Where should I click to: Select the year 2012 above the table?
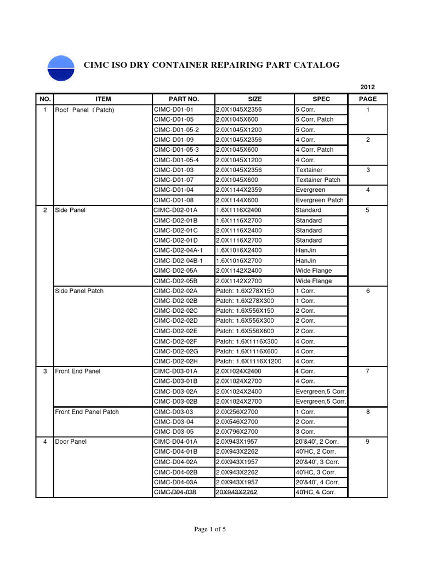coord(367,87)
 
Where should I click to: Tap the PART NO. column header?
coord(184,99)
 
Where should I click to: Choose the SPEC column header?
coord(321,99)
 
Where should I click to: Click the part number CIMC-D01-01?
coord(174,110)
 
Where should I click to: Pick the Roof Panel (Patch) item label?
coord(84,110)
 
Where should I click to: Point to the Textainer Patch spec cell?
coord(318,180)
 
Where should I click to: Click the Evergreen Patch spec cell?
coord(319,200)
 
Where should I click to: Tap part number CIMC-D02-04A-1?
coord(178,250)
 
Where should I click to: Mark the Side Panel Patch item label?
coord(79,291)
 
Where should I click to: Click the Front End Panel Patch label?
coord(87,411)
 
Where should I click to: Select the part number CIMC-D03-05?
coord(174,432)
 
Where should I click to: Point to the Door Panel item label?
coord(71,442)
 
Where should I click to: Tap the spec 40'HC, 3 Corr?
coord(316,472)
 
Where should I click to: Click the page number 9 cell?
coord(368,442)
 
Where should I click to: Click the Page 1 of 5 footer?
coord(210,529)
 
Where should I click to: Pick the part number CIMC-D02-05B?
coord(175,280)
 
